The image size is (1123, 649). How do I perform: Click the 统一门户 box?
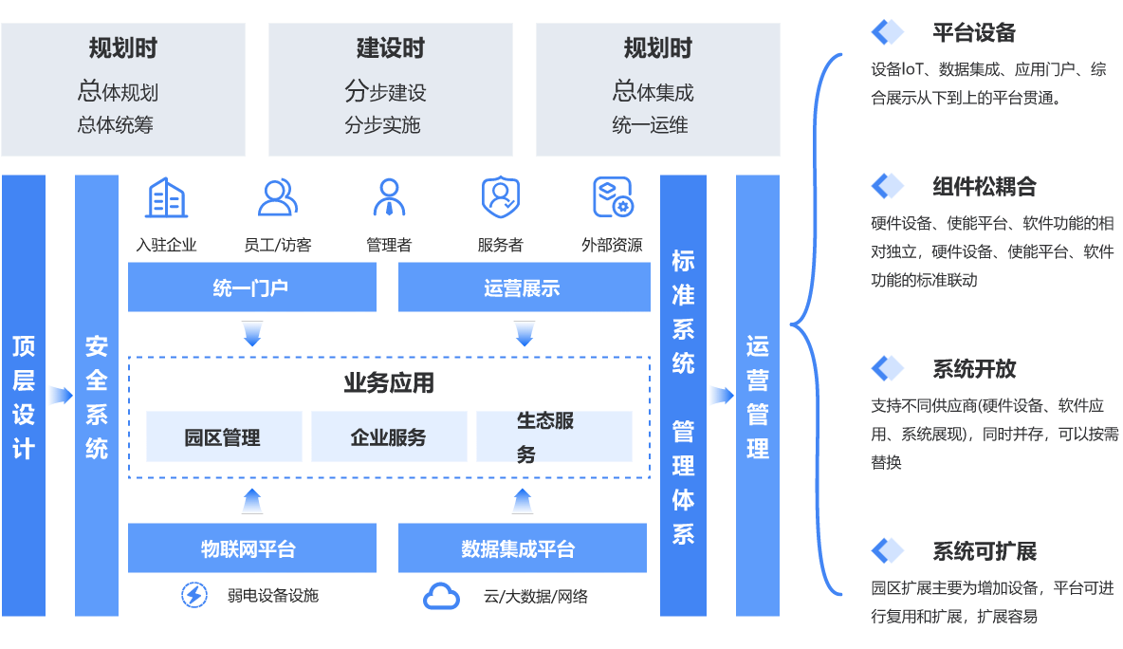(x=251, y=287)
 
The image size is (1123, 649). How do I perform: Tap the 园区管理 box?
(x=224, y=436)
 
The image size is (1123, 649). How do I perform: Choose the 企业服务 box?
(x=389, y=436)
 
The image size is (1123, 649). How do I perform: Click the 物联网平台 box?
(x=251, y=548)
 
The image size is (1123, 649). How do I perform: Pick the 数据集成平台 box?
(x=522, y=548)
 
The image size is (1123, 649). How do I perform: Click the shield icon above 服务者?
(x=500, y=197)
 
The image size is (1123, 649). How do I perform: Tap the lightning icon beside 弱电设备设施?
(x=194, y=595)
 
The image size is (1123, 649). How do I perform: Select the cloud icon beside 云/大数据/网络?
(x=441, y=596)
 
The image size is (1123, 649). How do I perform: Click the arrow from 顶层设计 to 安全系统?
(x=60, y=395)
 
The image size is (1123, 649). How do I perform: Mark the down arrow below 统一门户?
(x=252, y=334)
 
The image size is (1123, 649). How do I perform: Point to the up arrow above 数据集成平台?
(x=523, y=501)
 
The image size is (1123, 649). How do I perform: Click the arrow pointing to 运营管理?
(x=721, y=395)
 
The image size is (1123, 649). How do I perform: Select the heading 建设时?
(x=390, y=48)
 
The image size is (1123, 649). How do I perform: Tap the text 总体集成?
(x=654, y=92)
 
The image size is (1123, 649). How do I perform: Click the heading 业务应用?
(x=389, y=382)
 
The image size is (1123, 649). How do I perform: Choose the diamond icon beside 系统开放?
(x=889, y=368)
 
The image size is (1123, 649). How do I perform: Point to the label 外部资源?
(x=612, y=245)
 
